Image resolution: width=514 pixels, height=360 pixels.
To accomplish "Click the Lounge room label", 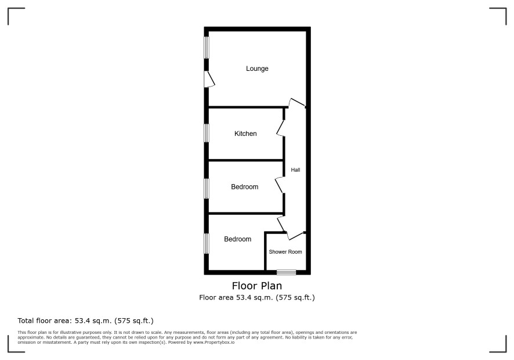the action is tap(257, 69).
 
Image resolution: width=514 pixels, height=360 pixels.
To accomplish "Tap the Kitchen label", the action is tap(245, 134).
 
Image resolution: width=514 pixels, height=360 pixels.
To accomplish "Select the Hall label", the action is tap(295, 170).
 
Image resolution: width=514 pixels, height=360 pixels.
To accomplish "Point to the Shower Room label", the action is tap(285, 251).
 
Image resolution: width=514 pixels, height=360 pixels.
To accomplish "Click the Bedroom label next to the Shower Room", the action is tap(238, 239).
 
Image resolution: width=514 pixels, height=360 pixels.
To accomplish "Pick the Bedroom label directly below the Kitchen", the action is tap(245, 187).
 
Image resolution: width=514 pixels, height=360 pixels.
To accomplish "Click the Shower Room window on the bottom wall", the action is tap(286, 272).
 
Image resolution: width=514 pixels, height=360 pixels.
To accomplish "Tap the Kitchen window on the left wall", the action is tap(207, 133).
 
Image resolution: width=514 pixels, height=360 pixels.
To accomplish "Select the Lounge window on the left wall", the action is tap(207, 48).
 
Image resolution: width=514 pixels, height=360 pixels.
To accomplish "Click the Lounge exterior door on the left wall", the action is tap(210, 79).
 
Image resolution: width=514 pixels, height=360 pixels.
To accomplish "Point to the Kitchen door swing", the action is tap(281, 128).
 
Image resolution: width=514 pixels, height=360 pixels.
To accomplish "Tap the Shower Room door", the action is tap(295, 236).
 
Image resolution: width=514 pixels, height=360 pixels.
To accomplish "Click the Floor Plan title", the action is tap(257, 286).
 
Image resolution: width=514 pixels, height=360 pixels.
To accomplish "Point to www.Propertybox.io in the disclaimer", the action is tap(213, 342).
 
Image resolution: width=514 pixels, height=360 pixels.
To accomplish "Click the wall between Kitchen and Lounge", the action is tap(248, 107).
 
